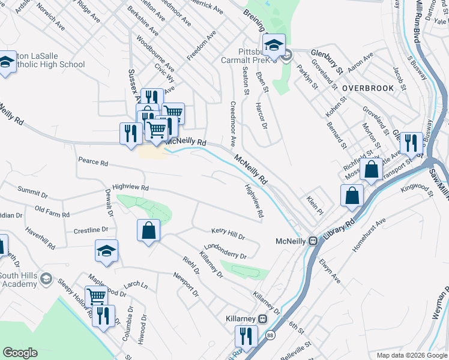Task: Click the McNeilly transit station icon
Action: [313, 241]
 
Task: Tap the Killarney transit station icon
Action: [262, 318]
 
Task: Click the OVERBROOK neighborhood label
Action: [368, 88]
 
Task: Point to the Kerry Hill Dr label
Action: [228, 233]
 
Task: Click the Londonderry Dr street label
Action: [226, 252]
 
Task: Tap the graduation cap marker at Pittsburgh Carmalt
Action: [274, 45]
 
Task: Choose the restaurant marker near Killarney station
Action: [246, 335]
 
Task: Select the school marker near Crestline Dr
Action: [106, 251]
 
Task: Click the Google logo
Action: [20, 353]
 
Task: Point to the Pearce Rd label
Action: [93, 162]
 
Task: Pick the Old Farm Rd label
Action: [52, 211]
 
